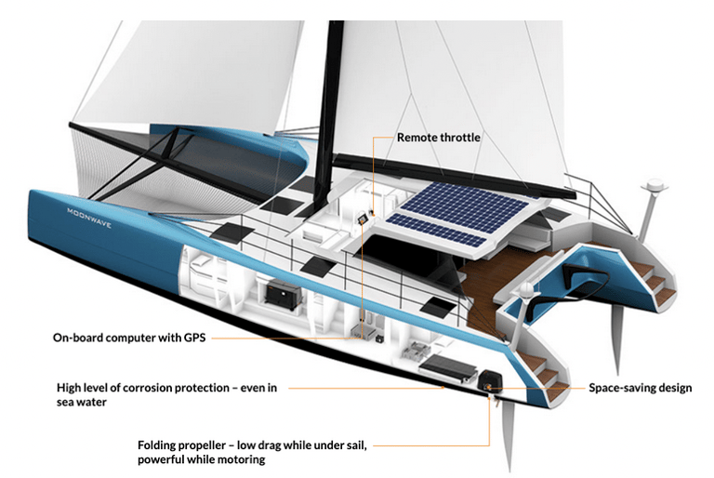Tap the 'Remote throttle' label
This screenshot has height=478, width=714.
point(439,138)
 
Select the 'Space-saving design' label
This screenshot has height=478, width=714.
point(641,387)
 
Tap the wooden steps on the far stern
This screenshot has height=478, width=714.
point(654,280)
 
